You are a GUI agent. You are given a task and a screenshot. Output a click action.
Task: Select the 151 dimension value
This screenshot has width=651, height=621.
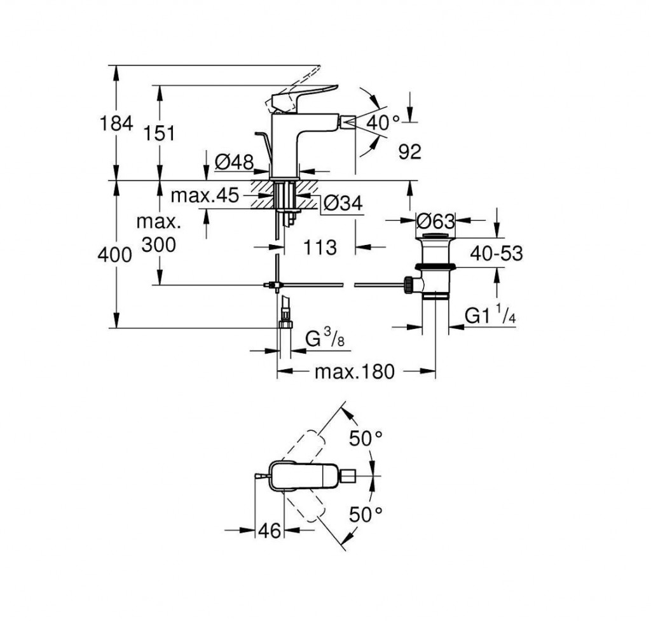[158, 133]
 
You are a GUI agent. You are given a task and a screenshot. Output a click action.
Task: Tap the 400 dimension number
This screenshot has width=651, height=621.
[114, 255]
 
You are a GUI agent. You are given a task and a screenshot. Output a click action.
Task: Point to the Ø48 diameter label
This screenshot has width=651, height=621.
[234, 163]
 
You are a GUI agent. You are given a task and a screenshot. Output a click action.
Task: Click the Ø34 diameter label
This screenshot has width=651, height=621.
[343, 204]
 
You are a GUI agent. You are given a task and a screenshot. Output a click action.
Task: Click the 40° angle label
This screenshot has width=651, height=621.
[383, 123]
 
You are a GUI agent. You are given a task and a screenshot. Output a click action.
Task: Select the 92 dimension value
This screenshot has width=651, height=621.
[409, 151]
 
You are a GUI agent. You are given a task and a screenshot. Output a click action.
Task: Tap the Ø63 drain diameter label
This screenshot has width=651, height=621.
[435, 221]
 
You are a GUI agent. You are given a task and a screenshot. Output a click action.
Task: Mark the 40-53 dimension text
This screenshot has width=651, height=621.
[496, 253]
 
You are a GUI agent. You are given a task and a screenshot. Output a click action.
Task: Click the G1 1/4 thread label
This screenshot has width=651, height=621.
[490, 316]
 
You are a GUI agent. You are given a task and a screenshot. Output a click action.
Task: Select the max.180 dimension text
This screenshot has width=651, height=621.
[355, 372]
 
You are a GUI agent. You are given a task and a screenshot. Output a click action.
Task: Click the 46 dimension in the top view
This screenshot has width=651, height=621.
[270, 530]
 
